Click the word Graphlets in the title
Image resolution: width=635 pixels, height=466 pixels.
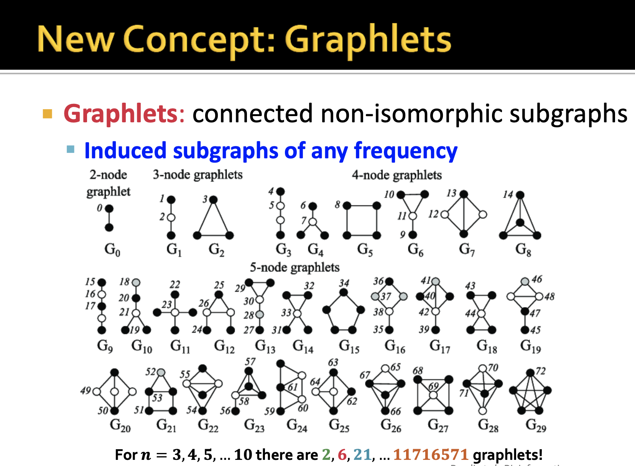pyautogui.click(x=368, y=39)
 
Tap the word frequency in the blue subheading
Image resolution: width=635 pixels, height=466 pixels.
pyautogui.click(x=406, y=151)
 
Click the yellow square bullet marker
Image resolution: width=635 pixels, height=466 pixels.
pyautogui.click(x=48, y=114)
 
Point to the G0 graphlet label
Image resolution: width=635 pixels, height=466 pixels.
pyautogui.click(x=112, y=250)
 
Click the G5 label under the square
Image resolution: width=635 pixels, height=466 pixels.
pyautogui.click(x=365, y=250)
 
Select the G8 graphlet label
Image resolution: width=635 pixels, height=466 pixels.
pyautogui.click(x=523, y=250)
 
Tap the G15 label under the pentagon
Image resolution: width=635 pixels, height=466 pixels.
pyautogui.click(x=349, y=346)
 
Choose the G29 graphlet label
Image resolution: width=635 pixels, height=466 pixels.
pyautogui.click(x=536, y=425)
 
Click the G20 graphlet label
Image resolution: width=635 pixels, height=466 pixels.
pyautogui.click(x=120, y=425)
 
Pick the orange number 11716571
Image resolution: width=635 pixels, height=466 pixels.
pyautogui.click(x=431, y=455)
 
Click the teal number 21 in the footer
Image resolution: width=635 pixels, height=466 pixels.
pyautogui.click(x=362, y=455)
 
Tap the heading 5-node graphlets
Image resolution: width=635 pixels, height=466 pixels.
pyautogui.click(x=294, y=267)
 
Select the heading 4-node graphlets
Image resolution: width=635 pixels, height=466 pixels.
pyautogui.click(x=396, y=175)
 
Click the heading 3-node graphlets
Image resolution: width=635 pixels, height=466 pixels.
pyautogui.click(x=197, y=175)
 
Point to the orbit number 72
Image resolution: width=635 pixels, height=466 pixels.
pyautogui.click(x=540, y=371)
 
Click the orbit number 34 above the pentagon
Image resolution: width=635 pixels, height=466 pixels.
pyautogui.click(x=344, y=283)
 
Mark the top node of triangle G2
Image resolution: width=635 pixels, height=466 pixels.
pyautogui.click(x=214, y=200)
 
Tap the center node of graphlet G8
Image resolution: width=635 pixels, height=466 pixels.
pyautogui.click(x=520, y=222)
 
